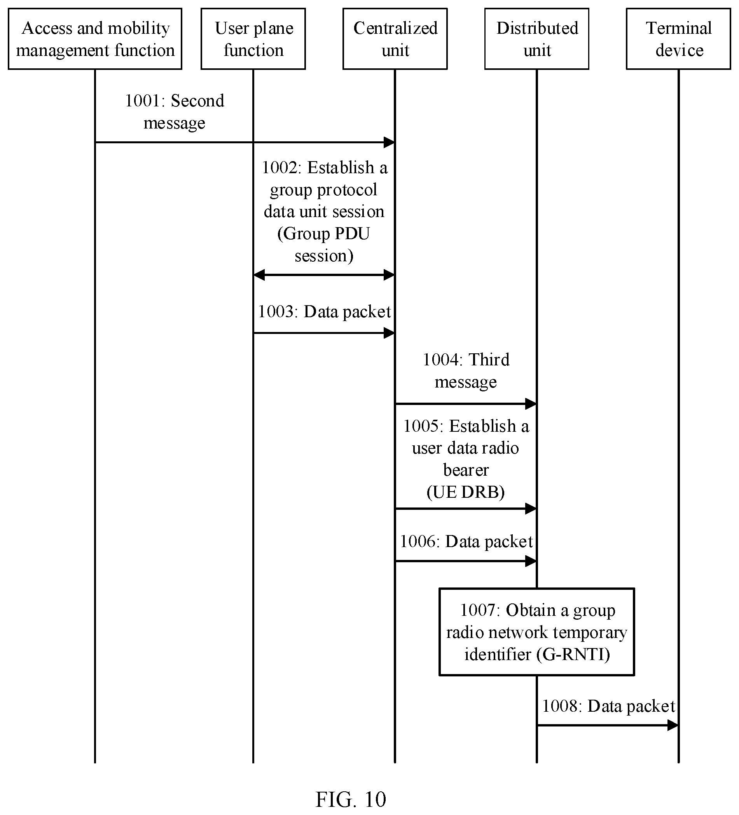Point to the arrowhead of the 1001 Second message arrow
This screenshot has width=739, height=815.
[394, 142]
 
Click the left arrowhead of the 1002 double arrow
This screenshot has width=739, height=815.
[254, 275]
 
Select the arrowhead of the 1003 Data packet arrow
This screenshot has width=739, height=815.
[394, 333]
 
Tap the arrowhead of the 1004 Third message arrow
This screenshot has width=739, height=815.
[536, 403]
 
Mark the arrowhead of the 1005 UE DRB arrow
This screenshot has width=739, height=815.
[536, 509]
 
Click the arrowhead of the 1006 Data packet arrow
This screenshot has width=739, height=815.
[536, 561]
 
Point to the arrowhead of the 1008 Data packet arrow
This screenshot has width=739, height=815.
[678, 725]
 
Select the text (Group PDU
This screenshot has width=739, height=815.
[324, 234]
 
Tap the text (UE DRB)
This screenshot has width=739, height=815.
[466, 492]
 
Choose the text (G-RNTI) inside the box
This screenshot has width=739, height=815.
[573, 654]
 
